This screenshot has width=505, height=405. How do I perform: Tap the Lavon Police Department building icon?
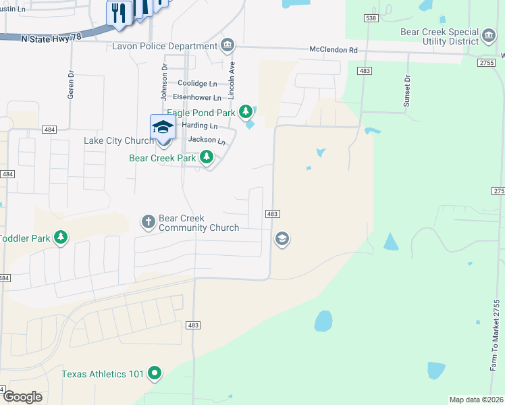(228, 45)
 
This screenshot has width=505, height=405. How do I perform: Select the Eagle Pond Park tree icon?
(247, 110)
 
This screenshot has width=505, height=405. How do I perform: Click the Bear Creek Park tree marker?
(207, 158)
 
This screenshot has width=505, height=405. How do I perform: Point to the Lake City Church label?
(118, 141)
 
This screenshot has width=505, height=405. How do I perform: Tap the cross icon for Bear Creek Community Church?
(149, 221)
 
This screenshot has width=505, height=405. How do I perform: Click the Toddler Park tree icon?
(61, 237)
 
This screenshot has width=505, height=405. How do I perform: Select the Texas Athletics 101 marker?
(155, 373)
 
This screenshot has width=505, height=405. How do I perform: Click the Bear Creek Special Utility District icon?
(489, 34)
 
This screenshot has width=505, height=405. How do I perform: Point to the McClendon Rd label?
(333, 50)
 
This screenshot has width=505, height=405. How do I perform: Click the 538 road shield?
(370, 19)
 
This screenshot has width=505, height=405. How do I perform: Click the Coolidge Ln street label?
(197, 84)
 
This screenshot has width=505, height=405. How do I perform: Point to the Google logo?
(23, 397)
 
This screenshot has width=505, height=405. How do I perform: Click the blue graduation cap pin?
(163, 127)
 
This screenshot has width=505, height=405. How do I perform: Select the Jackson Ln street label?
(206, 140)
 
